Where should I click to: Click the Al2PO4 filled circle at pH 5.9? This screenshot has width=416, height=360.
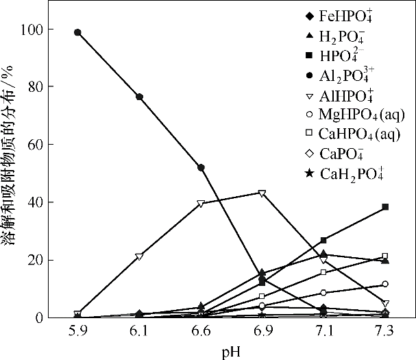[77, 32]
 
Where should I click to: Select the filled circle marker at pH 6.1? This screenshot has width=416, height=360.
[139, 97]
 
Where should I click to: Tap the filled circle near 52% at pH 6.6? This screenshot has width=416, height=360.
[201, 167]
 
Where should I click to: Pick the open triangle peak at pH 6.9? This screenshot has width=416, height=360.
[262, 193]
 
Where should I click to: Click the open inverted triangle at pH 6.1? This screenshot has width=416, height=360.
[139, 256]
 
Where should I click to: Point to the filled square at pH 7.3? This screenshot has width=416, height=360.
[385, 206]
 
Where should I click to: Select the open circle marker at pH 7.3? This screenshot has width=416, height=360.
[385, 284]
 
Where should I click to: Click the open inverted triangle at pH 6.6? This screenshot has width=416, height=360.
[201, 204]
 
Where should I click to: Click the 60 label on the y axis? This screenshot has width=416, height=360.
[36, 145]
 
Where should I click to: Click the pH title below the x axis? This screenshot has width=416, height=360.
[230, 350]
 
